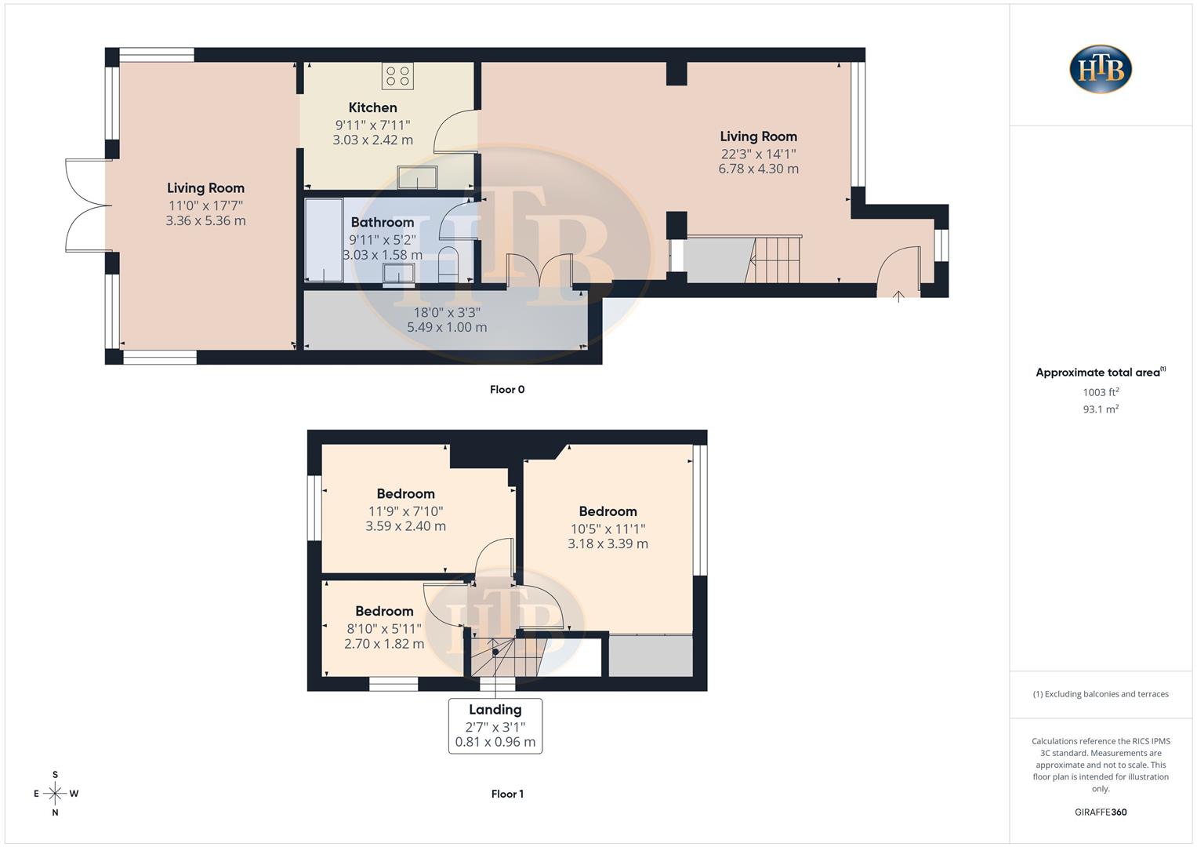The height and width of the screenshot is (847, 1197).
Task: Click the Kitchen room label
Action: (372, 107)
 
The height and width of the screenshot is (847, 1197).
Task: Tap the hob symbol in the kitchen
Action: (397, 77)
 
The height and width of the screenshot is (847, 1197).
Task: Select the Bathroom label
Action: (382, 222)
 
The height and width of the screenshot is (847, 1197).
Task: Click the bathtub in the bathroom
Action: (324, 239)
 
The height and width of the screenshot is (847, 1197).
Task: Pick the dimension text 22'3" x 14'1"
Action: (758, 154)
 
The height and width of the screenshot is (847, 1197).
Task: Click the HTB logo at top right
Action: (1101, 69)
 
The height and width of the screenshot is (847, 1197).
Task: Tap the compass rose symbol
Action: (55, 794)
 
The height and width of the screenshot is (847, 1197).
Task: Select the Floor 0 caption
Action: (507, 390)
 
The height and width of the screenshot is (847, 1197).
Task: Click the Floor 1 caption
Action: (507, 794)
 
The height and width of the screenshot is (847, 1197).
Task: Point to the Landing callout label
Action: (495, 710)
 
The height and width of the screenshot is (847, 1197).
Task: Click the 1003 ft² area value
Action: (1101, 392)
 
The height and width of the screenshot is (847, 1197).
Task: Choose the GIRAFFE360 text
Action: (1101, 812)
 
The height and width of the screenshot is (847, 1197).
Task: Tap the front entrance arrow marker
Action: (898, 296)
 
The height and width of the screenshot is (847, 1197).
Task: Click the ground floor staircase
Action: (776, 260)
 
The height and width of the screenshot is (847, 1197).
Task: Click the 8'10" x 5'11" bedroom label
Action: (384, 628)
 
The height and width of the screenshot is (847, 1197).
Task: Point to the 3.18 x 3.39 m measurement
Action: (608, 543)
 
